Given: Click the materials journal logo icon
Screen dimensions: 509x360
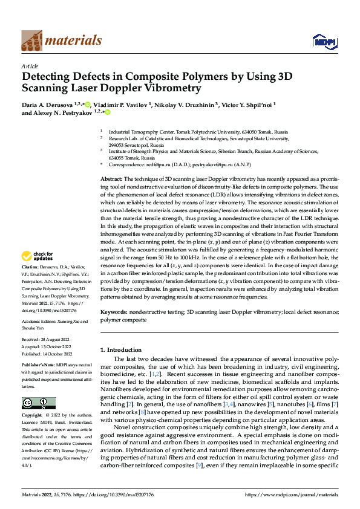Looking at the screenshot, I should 31,40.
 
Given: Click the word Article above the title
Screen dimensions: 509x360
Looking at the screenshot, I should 30,66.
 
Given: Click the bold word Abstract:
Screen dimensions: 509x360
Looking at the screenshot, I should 111,180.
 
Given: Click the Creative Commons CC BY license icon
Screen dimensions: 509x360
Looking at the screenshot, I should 38,403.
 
